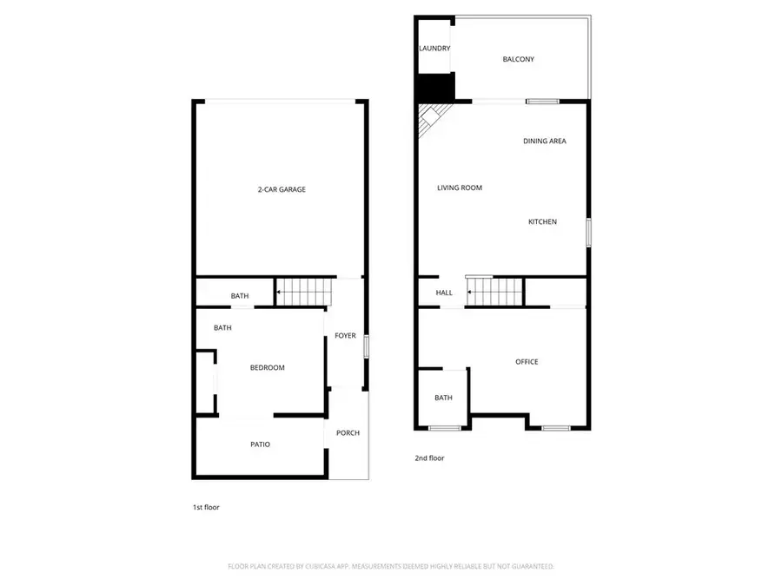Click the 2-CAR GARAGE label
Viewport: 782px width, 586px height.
281,189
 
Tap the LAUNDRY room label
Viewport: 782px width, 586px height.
434,49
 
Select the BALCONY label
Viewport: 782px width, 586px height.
518,60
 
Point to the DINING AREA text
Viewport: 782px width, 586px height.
545,141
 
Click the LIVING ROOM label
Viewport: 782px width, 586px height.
459,188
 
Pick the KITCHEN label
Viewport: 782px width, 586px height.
542,222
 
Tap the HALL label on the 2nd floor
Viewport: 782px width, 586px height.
444,293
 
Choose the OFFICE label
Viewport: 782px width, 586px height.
527,362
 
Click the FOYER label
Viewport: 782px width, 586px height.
345,336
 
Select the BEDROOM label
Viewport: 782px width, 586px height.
267,368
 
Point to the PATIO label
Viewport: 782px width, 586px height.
260,444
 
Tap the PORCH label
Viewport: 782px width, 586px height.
348,433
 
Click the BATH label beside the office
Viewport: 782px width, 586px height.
443,398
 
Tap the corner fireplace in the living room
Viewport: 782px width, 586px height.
429,118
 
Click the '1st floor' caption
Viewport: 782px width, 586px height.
206,507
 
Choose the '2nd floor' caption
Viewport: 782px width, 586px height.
429,458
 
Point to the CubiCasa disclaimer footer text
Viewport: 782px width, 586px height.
390,566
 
